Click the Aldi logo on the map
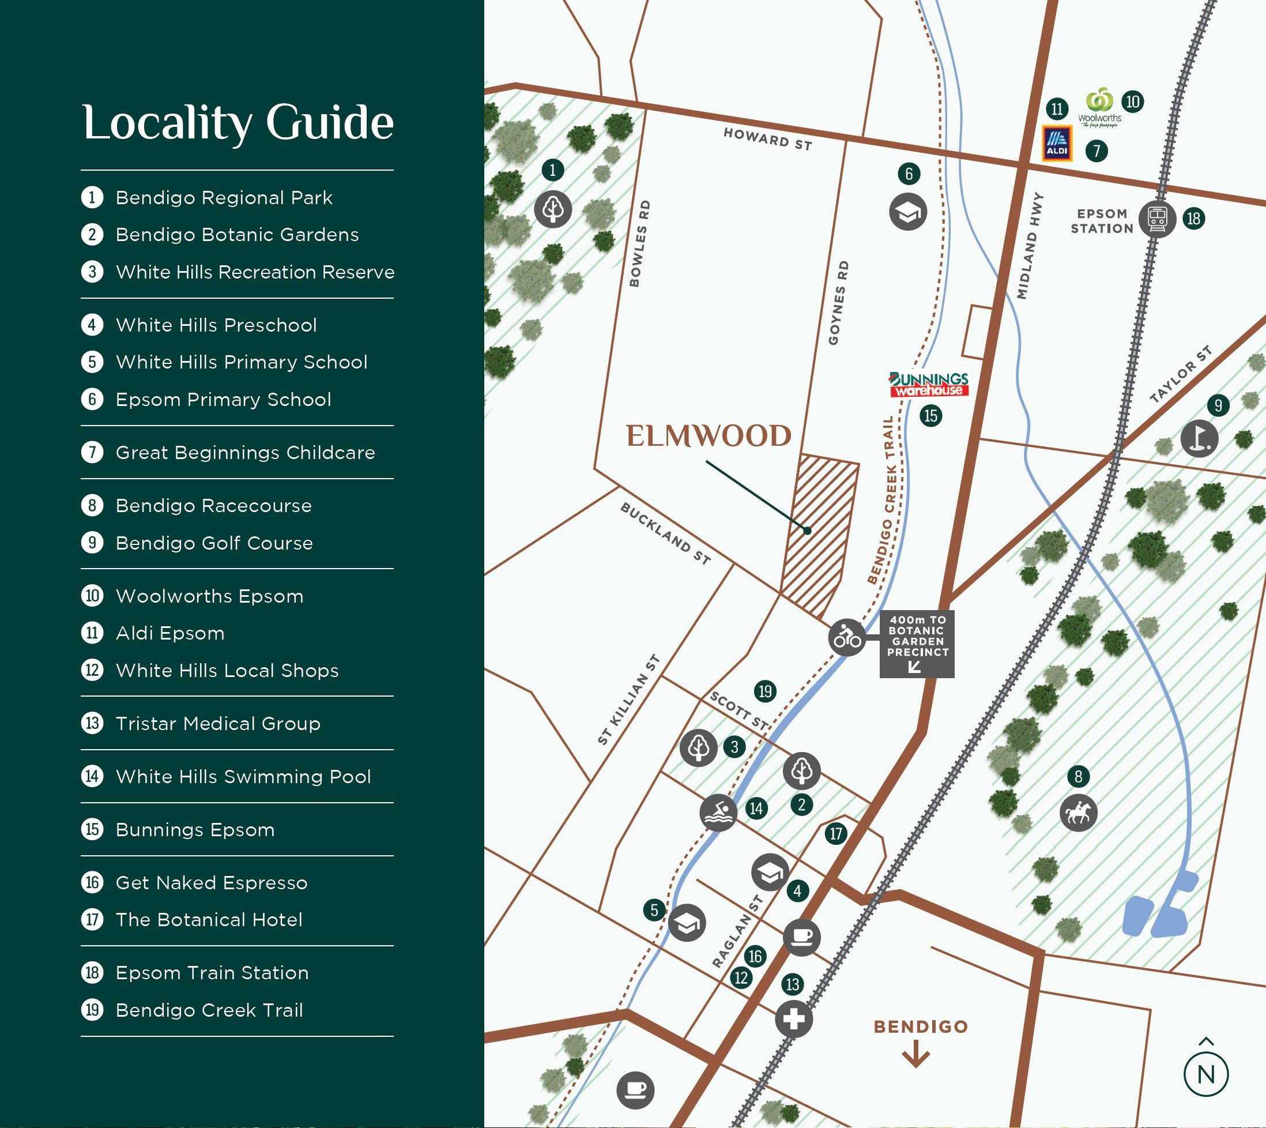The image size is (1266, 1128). point(1057,144)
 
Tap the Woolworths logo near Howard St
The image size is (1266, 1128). point(1100,108)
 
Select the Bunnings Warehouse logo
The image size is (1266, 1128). point(928,384)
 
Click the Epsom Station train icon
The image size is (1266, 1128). point(1157,219)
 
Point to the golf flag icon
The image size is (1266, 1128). point(1199,439)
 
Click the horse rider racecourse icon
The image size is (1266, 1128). point(1079,813)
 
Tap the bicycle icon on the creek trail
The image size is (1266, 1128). point(847,637)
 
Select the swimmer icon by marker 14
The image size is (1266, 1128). point(718,813)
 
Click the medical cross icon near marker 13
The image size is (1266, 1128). point(794,1019)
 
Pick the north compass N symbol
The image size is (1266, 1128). point(1206,1074)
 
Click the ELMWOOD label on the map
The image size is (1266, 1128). point(709,437)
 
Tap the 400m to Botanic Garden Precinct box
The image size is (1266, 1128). point(917,644)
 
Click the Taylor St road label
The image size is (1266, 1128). point(1180,375)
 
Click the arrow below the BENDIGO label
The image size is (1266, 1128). point(916,1056)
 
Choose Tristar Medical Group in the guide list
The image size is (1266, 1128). point(217,723)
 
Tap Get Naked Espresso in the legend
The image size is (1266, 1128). point(212,882)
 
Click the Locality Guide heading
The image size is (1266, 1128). point(238,123)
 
